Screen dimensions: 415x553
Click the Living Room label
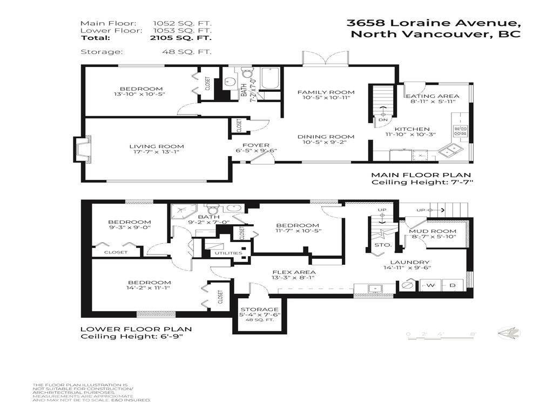pyautogui.click(x=156, y=146)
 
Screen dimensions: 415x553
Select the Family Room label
pyautogui.click(x=326, y=92)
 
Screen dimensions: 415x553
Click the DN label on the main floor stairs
pyautogui.click(x=383, y=119)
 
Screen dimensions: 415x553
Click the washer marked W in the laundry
pyautogui.click(x=430, y=285)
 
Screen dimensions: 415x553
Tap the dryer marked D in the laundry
pyautogui.click(x=453, y=285)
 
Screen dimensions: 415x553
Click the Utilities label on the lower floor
pyautogui.click(x=228, y=253)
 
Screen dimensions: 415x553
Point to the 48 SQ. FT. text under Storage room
pyautogui.click(x=260, y=320)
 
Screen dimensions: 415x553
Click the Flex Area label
pyautogui.click(x=286, y=272)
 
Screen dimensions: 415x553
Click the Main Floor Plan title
pyautogui.click(x=420, y=175)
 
